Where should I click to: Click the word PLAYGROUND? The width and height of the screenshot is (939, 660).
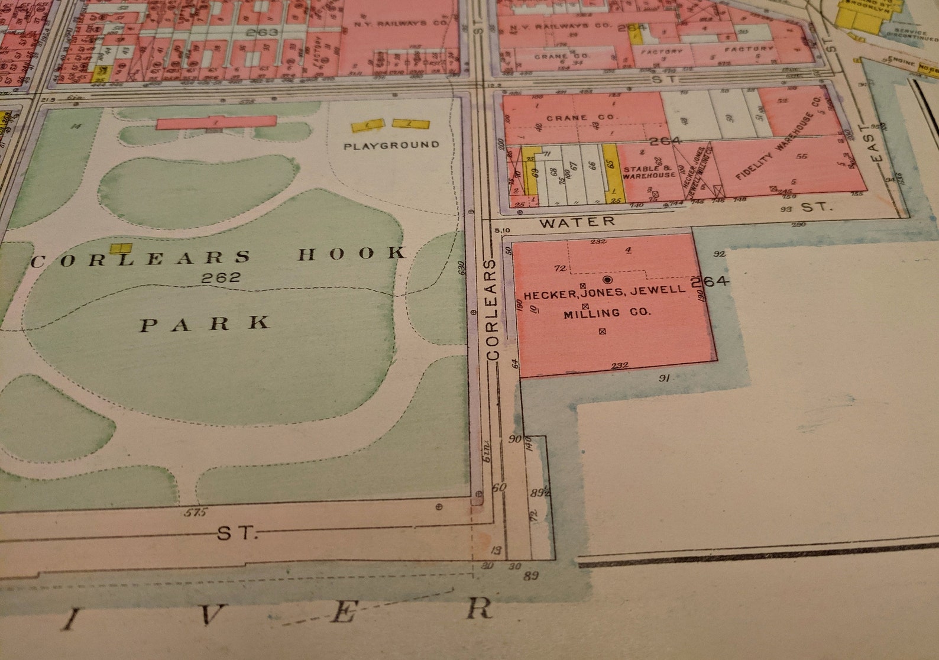tap(391, 145)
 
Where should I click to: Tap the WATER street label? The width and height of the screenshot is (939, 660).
tap(577, 222)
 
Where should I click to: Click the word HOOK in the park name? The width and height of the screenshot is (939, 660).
tap(352, 254)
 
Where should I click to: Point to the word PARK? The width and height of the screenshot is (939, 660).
tap(205, 323)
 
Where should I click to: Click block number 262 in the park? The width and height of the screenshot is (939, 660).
tap(221, 277)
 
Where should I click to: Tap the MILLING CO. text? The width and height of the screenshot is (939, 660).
tap(607, 313)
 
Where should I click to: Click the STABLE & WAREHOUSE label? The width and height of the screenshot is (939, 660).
tap(648, 172)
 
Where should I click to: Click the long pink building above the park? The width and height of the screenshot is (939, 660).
tap(216, 122)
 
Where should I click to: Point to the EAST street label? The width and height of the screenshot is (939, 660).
tap(876, 143)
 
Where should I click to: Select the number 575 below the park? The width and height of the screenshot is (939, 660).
tap(195, 513)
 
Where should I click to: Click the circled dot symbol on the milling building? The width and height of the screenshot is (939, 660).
tap(607, 279)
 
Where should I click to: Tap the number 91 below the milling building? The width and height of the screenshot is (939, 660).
tap(664, 378)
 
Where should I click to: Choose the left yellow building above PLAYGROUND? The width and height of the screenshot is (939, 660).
tap(368, 126)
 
